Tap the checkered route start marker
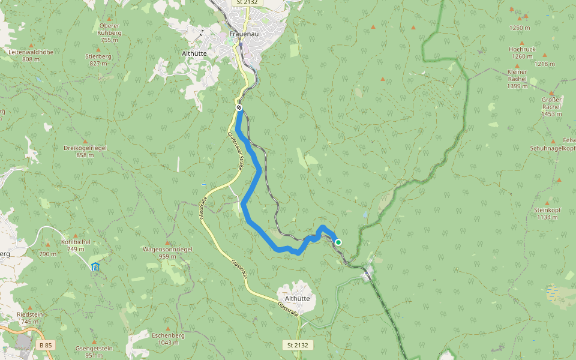pos(239,107)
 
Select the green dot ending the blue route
pos(338,242)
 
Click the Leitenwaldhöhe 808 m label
pos(31,55)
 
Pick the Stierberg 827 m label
pos(98,59)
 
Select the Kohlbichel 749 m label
pos(76,245)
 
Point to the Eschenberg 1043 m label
pos(168,339)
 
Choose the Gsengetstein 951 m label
pos(94,352)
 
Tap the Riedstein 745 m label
pos(30,318)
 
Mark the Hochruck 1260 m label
pos(521,53)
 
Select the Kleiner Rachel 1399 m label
pos(517,79)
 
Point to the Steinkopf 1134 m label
pos(546,214)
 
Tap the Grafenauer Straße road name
pos(234,152)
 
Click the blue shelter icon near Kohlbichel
pos(95,266)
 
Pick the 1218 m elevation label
pos(545,64)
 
